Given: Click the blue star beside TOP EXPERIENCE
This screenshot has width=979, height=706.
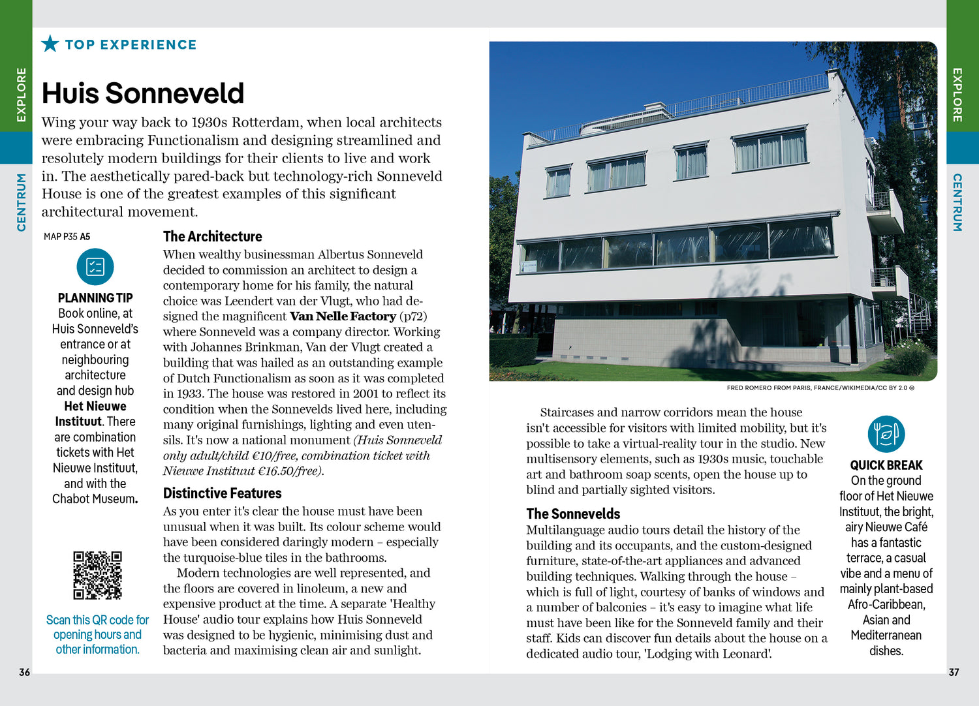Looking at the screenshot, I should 50,44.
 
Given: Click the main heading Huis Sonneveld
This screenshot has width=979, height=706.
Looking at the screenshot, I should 143,93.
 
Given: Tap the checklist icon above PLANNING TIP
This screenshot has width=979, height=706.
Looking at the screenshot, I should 95,267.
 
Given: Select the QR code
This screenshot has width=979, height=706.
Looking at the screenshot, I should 97,575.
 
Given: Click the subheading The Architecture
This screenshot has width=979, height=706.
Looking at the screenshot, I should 212,236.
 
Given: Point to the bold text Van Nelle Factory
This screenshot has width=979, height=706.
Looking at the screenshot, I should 343,316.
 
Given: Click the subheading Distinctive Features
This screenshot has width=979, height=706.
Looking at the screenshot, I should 222,493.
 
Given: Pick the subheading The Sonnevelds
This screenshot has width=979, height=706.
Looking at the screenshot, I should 573,514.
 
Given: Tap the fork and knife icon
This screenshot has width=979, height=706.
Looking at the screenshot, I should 886,434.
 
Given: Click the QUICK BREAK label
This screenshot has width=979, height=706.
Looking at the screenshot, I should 886,465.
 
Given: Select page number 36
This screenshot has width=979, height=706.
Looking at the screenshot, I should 24,672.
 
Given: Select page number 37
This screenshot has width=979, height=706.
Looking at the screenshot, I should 954,672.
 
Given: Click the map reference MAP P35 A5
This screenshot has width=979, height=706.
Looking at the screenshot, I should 67,237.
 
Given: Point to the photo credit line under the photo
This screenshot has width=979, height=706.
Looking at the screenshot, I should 820,388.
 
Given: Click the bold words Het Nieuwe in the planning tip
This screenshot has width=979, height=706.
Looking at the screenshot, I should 95,406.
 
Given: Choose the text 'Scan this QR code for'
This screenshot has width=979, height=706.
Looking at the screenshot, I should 97,620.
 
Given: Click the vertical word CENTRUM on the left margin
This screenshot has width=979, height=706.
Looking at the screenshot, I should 22,202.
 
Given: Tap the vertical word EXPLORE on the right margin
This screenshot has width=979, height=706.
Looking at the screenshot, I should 957,95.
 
